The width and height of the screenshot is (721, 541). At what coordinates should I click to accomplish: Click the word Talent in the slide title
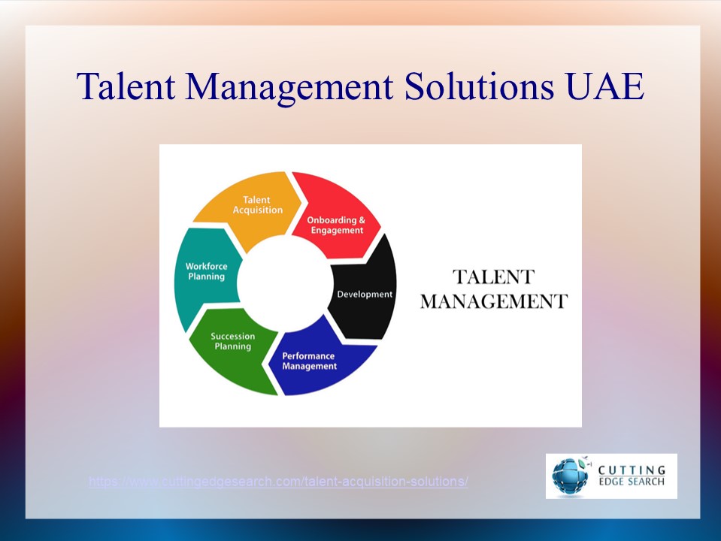[x=126, y=87]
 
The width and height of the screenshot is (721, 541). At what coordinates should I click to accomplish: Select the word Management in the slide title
[x=289, y=87]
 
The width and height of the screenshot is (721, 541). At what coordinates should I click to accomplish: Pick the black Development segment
[x=365, y=293]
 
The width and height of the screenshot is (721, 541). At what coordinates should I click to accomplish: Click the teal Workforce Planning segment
[x=204, y=272]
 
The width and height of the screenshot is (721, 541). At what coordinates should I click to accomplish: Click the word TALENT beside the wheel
[x=492, y=277]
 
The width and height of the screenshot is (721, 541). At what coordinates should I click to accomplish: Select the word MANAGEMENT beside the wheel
[x=493, y=302]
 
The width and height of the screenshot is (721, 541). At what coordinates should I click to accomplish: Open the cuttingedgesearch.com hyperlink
[x=278, y=482]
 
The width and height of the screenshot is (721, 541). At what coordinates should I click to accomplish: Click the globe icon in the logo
[x=570, y=476]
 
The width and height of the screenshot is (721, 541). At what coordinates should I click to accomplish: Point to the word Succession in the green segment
[x=232, y=336]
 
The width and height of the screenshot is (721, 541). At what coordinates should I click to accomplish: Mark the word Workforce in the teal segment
[x=206, y=266]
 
